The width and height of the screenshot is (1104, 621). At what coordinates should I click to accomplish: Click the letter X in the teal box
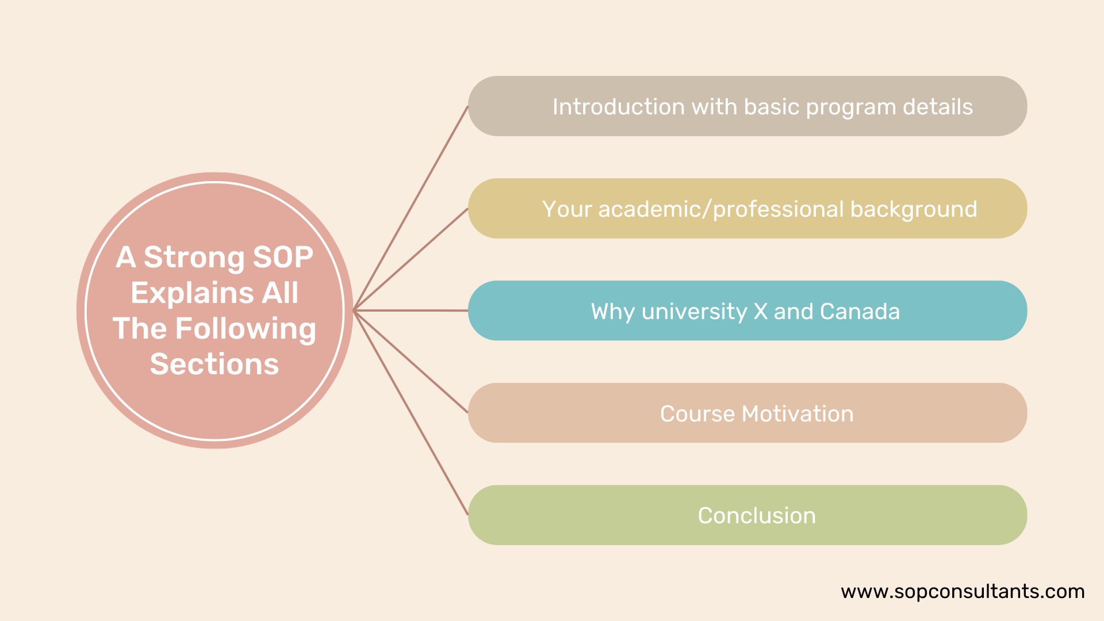click(x=760, y=312)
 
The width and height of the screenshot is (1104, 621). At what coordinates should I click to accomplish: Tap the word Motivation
click(x=798, y=414)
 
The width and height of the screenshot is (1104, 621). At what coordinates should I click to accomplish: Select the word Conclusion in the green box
click(x=757, y=516)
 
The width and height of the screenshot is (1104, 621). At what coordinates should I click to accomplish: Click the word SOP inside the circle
click(x=283, y=257)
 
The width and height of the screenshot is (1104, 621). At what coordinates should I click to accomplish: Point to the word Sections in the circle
click(x=214, y=364)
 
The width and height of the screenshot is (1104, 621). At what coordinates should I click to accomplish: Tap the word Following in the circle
click(x=246, y=329)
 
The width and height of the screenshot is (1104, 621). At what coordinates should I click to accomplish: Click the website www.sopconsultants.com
click(x=963, y=592)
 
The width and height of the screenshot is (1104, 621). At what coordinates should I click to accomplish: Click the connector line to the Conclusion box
click(x=411, y=413)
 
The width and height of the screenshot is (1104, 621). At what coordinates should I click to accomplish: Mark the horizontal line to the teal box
click(x=411, y=310)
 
